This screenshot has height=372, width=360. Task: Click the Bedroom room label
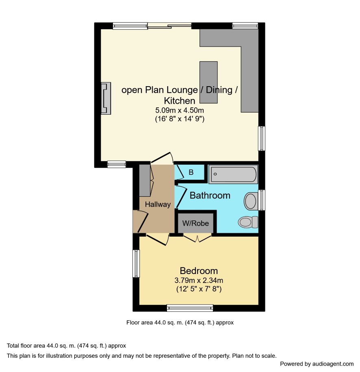point(199,271)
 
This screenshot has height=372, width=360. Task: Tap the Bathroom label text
point(210,196)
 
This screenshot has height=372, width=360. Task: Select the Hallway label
point(158,204)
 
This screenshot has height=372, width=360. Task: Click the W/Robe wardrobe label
point(196,223)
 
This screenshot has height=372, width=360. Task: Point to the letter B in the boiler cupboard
point(191,172)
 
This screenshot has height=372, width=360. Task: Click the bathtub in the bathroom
point(233,174)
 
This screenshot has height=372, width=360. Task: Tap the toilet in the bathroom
point(248,222)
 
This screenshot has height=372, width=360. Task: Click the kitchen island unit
point(208,82)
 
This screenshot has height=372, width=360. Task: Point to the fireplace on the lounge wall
point(106,98)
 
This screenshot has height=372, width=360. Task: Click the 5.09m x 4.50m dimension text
point(180,110)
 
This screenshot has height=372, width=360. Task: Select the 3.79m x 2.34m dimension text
point(199,281)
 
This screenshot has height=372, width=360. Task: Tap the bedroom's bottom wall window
point(190,308)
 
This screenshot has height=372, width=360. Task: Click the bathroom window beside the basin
point(262,200)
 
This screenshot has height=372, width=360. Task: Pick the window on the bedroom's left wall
point(136,263)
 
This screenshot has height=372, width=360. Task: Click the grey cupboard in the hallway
point(145,181)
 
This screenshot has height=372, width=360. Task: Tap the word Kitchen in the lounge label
point(180,101)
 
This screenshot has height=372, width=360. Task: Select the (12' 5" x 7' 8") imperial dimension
point(199,289)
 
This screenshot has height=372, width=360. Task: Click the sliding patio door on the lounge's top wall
point(169,26)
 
